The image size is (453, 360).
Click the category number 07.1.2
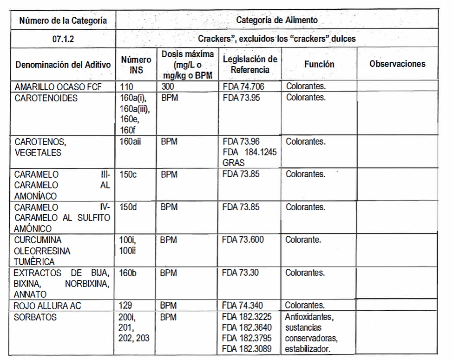pos(63,39)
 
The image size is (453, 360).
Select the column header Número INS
pos(136,65)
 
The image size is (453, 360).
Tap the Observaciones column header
pos(397,64)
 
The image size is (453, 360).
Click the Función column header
pos(319,64)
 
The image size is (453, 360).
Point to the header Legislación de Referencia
pos(250,64)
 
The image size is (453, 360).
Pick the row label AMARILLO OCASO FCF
pos(58,87)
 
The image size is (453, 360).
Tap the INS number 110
pos(126,87)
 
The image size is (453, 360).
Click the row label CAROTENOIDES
pos(46,98)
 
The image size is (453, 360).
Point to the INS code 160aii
pos(131,141)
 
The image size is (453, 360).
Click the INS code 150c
pos(128,174)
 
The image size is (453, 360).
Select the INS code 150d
pos(128,207)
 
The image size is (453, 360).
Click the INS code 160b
pos(128,273)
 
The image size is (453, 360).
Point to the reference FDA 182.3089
pos(246,349)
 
